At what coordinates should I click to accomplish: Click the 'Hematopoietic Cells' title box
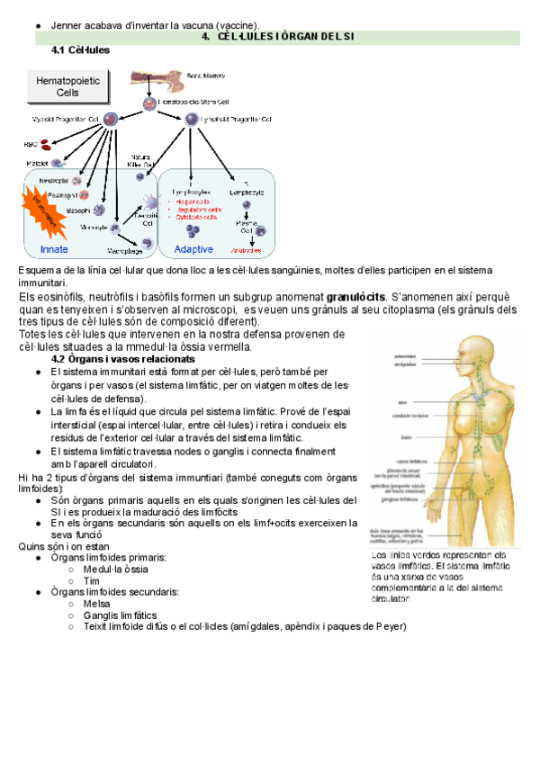click(x=67, y=87)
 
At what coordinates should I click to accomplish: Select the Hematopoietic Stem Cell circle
click(x=149, y=103)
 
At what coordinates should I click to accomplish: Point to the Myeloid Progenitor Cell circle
click(x=110, y=119)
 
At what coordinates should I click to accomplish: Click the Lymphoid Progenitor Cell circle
click(x=191, y=119)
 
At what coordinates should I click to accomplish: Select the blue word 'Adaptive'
click(x=193, y=249)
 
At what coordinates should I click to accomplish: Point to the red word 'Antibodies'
click(x=246, y=249)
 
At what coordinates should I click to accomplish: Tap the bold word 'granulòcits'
click(x=355, y=297)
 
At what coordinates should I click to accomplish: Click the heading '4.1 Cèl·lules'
click(x=82, y=50)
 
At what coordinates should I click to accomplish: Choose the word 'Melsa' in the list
click(x=96, y=604)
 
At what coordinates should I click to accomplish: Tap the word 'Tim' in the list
click(x=91, y=581)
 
